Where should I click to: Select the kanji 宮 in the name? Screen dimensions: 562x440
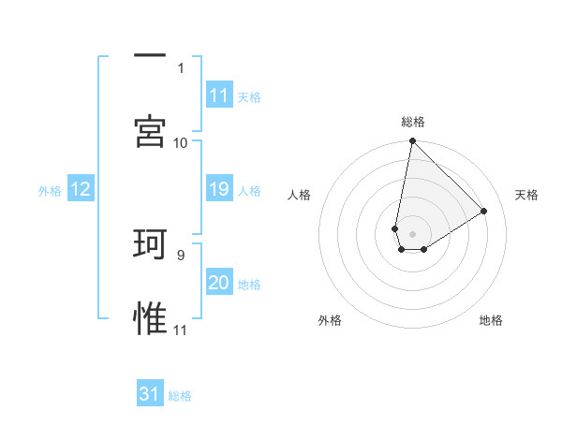[x=150, y=132]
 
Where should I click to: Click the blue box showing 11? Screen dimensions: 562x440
[x=219, y=95]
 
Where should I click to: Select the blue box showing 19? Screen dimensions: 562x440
[x=219, y=190]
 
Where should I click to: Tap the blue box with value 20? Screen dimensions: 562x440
[x=219, y=283]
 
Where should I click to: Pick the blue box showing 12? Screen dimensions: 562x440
[x=81, y=190]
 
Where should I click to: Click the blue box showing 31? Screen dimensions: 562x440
[x=150, y=394]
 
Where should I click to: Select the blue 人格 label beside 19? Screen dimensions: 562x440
[x=248, y=191]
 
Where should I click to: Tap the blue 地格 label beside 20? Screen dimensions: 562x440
[x=248, y=285]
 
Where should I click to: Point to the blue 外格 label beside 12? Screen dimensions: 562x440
[x=50, y=191]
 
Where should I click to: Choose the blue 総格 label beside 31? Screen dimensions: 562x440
[x=180, y=396]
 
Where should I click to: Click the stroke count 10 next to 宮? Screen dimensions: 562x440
[x=181, y=142]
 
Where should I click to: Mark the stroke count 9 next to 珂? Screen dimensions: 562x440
[x=180, y=254]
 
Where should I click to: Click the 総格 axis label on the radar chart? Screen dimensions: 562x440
[x=413, y=122]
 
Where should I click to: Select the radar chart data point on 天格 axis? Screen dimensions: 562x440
[x=484, y=211]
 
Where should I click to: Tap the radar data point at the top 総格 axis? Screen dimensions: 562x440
[x=412, y=142]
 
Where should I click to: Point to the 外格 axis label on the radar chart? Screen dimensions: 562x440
[x=331, y=320]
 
